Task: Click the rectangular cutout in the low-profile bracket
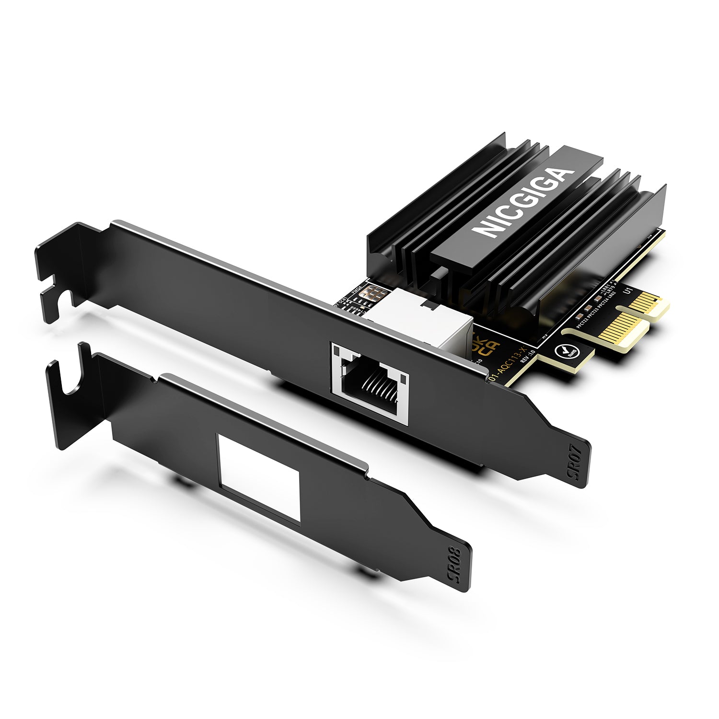point(259,477)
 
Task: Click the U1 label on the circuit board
point(626,290)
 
